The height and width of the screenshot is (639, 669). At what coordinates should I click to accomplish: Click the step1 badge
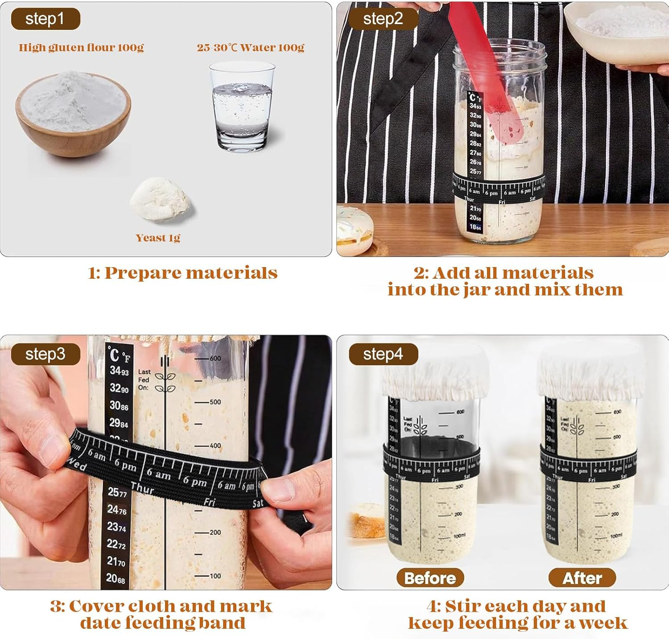(x=45, y=19)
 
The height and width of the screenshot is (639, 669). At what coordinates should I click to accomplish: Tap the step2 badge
(x=383, y=19)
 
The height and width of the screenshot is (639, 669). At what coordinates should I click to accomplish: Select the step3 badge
(x=45, y=355)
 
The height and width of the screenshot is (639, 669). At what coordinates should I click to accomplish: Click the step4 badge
(x=383, y=355)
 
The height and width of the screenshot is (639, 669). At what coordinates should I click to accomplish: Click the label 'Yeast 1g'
(x=158, y=238)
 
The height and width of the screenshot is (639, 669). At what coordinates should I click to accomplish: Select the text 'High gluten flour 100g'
(x=81, y=48)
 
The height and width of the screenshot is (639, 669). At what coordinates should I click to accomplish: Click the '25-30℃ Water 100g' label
(x=250, y=48)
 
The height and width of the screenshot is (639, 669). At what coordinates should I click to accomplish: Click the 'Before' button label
(x=430, y=578)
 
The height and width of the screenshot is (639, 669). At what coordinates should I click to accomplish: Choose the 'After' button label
(x=582, y=578)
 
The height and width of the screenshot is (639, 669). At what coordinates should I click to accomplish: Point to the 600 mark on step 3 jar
(x=215, y=359)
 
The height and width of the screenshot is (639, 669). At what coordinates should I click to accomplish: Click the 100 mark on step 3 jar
(x=215, y=576)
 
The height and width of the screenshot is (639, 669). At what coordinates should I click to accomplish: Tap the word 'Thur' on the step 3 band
(x=142, y=488)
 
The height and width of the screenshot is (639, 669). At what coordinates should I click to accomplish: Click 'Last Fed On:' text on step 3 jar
(x=144, y=379)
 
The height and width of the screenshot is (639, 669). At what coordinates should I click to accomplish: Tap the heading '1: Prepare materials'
(x=183, y=273)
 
